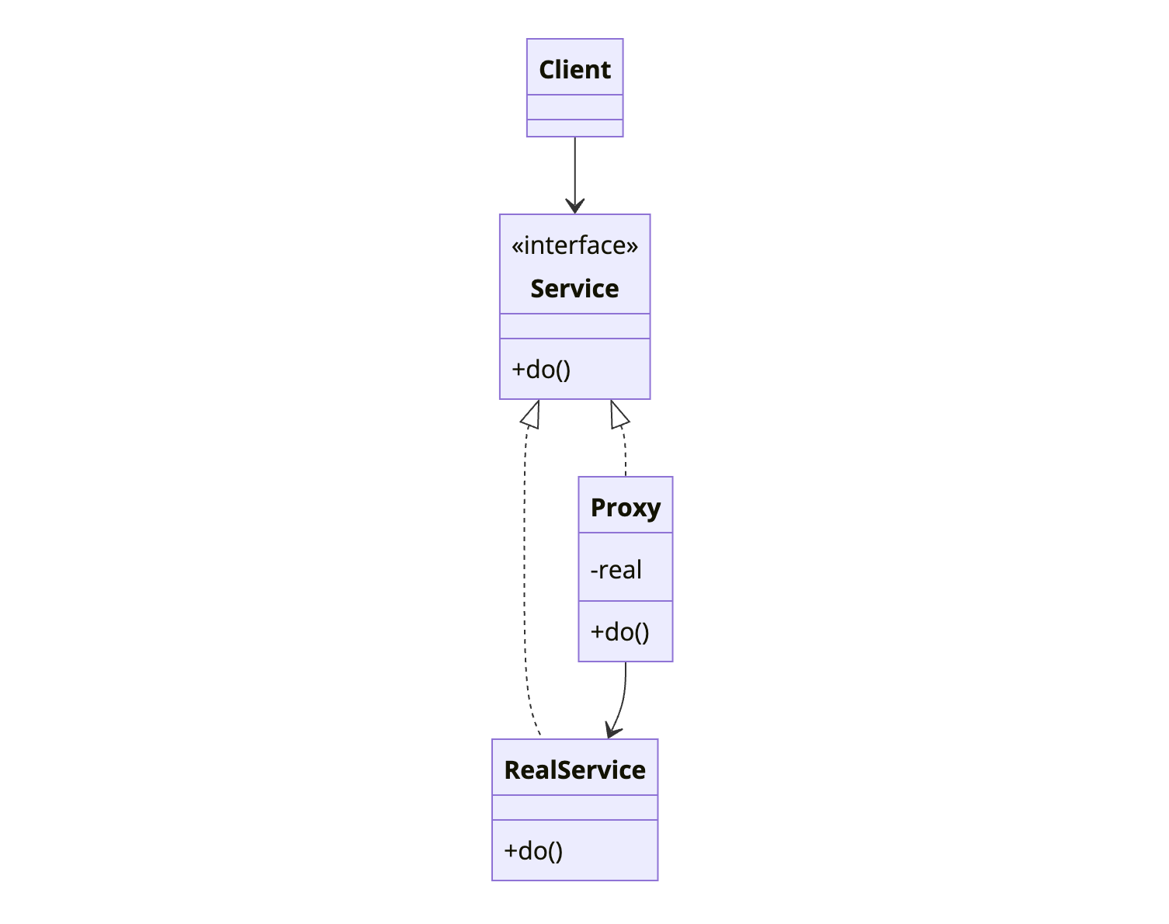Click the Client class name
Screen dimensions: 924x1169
[574, 70]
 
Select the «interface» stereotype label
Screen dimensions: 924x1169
[574, 245]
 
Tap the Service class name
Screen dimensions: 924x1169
[574, 289]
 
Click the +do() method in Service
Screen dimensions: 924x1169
[541, 369]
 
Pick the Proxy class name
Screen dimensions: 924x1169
[625, 508]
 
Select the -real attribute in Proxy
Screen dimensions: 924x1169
[616, 570]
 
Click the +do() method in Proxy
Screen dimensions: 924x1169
[619, 632]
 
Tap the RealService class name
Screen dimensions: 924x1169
[574, 770]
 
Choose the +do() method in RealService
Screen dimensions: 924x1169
[533, 851]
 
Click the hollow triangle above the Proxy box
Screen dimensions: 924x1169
[619, 415]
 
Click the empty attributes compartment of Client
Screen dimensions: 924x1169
[574, 107]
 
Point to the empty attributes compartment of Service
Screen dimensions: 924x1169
[574, 326]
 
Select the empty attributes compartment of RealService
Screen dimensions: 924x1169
[574, 808]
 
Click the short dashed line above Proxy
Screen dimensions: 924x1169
[624, 454]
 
